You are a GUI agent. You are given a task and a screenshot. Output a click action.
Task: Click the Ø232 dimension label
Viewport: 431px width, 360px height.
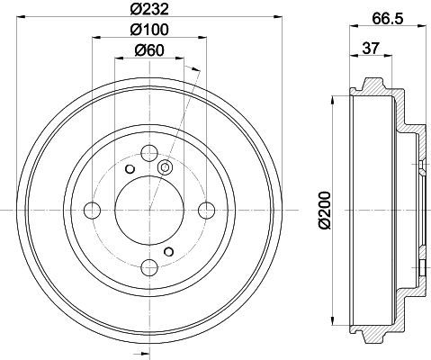[x=149, y=9]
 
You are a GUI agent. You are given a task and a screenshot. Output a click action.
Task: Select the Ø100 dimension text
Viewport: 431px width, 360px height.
[x=149, y=30]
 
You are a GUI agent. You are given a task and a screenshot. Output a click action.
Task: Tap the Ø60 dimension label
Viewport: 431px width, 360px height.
[x=149, y=49]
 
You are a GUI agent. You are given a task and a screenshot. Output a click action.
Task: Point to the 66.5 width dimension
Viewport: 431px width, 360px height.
[x=388, y=19]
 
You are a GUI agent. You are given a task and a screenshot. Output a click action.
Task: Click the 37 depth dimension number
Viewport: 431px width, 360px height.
[x=371, y=48]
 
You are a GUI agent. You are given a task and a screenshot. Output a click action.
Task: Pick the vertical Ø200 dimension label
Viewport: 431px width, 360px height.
[x=325, y=210]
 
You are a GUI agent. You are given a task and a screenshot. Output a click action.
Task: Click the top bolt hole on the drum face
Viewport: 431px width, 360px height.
[x=149, y=153]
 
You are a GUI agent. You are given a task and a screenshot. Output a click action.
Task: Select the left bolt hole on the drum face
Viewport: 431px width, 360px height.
[x=93, y=210]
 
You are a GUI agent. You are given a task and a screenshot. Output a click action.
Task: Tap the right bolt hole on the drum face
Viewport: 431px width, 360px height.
[x=207, y=210]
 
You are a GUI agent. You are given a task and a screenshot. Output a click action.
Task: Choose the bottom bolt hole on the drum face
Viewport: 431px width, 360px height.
[x=149, y=267]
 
